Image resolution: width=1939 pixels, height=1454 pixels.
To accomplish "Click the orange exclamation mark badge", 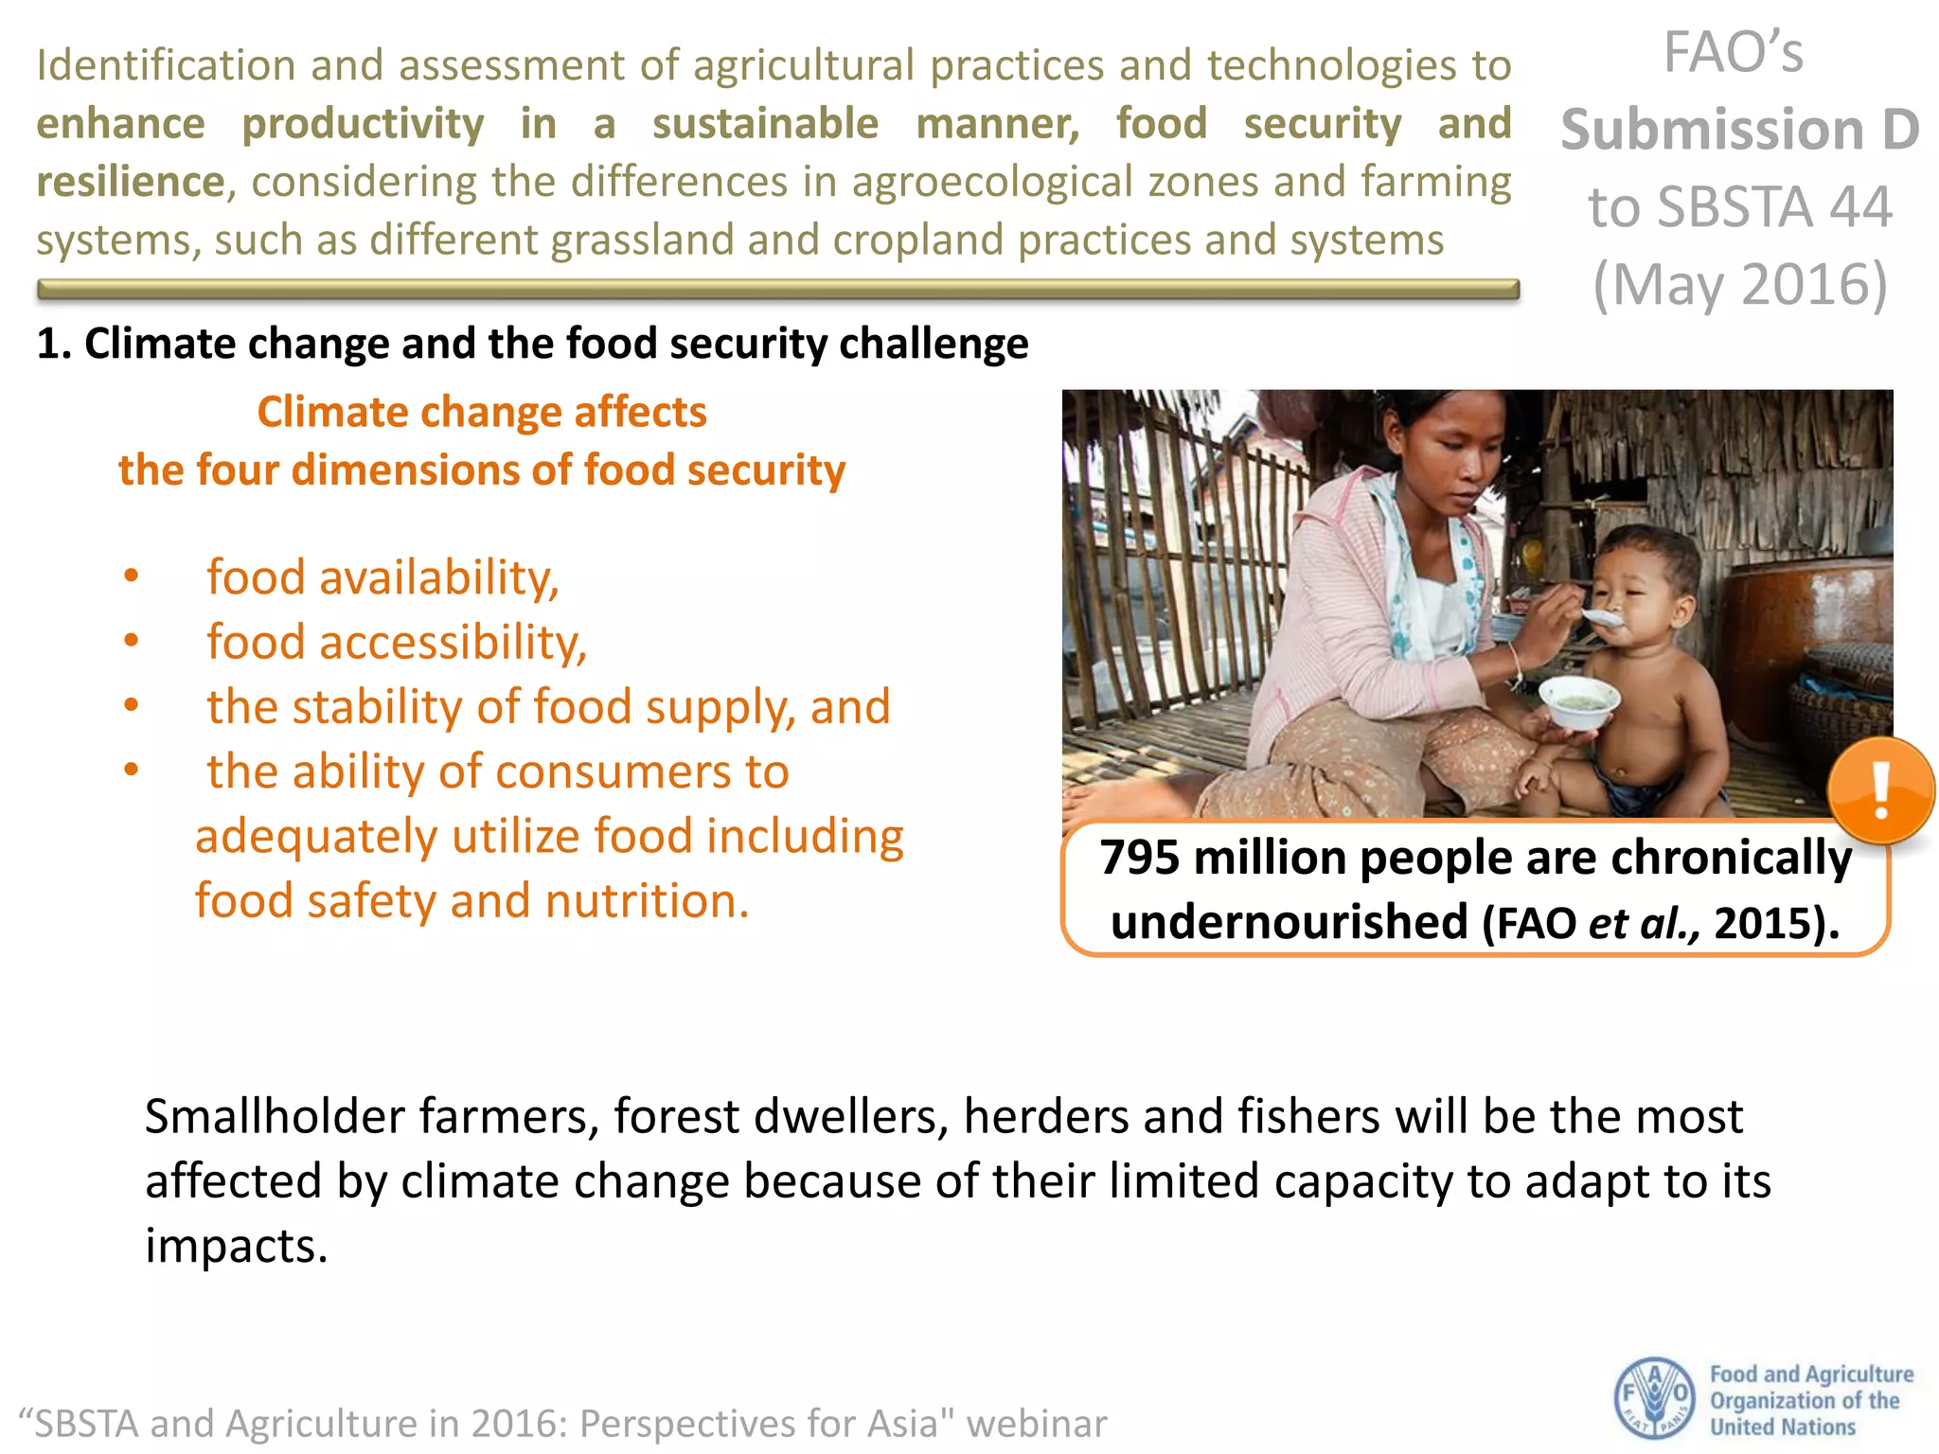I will [x=1880, y=790].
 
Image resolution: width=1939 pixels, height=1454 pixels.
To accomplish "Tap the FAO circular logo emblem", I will [x=1654, y=1398].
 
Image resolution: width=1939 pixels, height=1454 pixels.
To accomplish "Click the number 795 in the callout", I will [x=1140, y=858].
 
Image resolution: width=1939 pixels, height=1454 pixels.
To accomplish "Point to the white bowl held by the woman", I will [x=1578, y=702].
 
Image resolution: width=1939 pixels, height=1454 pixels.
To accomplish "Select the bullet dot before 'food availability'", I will [x=132, y=576].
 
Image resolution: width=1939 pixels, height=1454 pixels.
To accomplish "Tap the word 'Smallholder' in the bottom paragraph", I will [x=276, y=1117].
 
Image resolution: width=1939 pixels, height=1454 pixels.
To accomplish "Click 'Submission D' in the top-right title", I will [x=1740, y=130].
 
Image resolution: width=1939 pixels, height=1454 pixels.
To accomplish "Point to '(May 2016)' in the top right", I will [x=1740, y=284].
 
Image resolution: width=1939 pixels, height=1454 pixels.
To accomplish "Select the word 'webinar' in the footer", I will [x=1037, y=1424].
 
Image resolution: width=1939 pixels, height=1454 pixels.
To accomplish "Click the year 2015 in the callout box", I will [x=1756, y=922].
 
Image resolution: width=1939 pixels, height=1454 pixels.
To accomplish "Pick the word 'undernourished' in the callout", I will [x=1289, y=922].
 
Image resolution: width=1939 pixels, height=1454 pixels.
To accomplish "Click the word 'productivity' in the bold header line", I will [x=363, y=124].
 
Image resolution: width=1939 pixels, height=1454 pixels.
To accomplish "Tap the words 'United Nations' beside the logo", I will [x=1783, y=1427].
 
